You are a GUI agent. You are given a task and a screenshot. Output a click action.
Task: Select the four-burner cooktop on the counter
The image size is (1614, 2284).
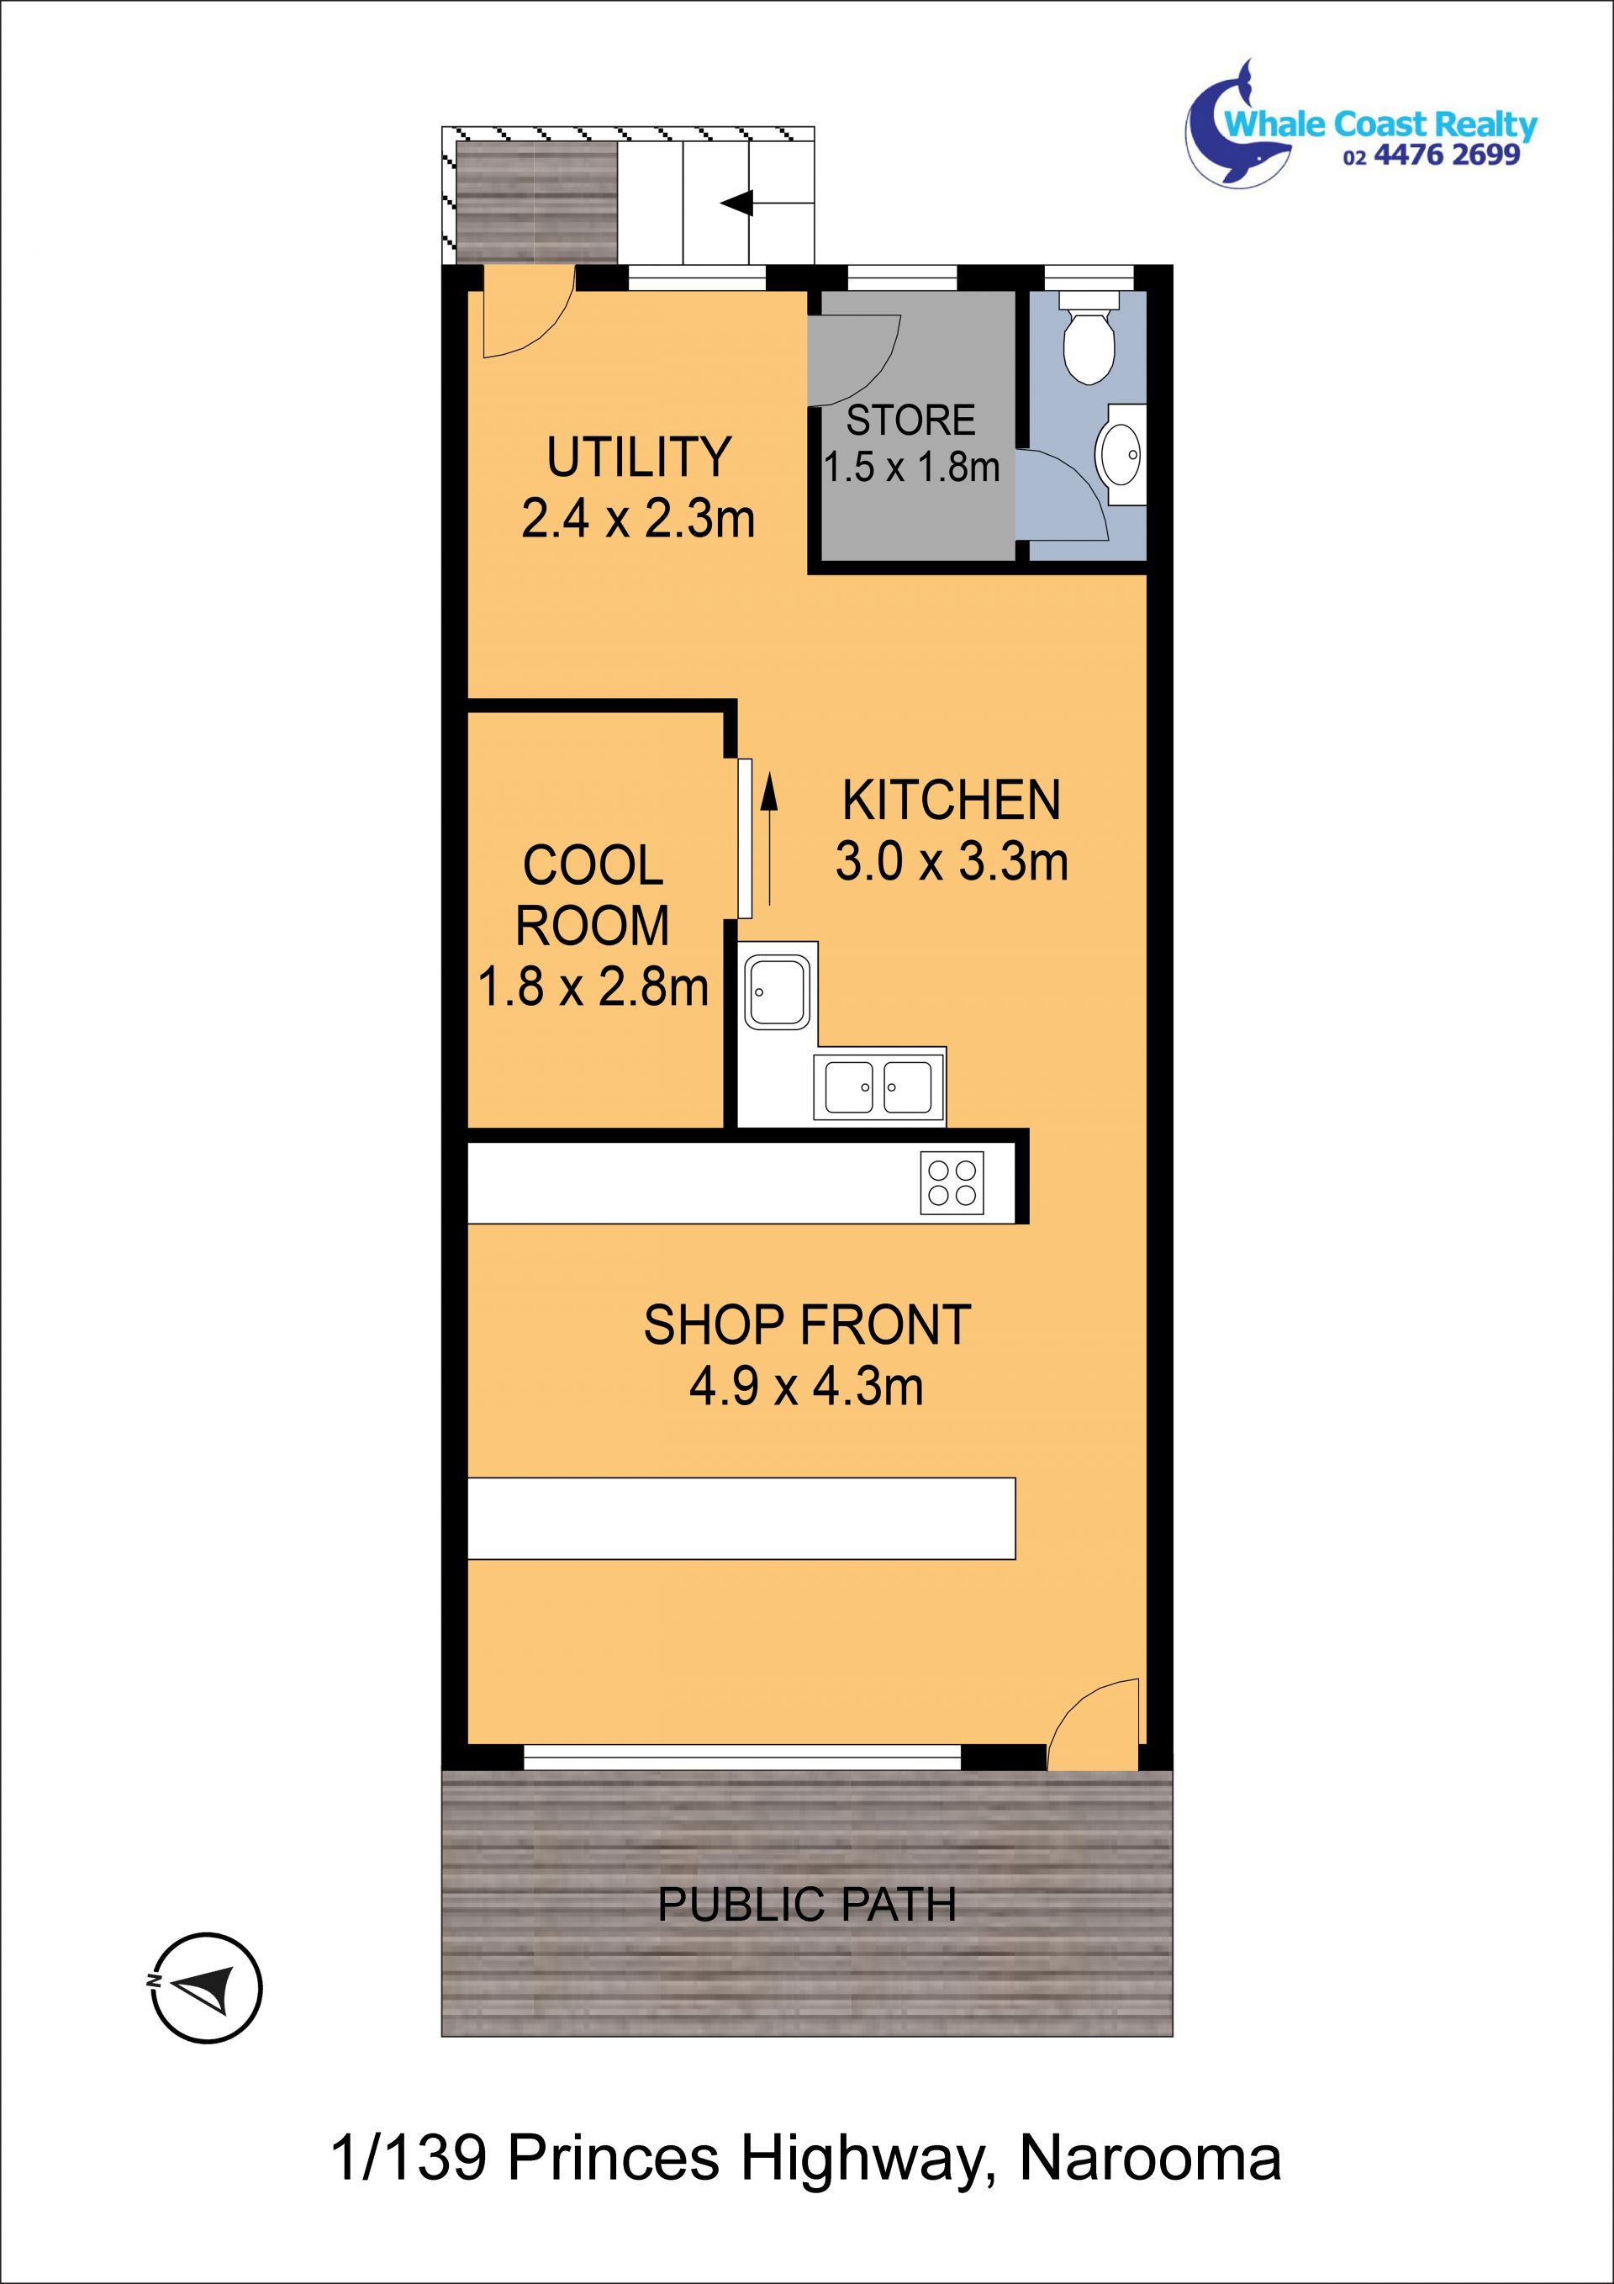coord(952,1182)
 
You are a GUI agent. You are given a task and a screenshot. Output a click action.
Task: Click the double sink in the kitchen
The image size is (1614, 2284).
coord(879,1086)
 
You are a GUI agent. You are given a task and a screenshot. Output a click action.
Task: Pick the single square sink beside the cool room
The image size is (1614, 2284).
coord(777,991)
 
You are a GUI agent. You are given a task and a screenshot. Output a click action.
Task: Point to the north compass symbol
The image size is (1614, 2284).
coord(207,1989)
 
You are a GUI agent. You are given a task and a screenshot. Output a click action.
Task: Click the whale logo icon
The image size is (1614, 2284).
coord(1237,125)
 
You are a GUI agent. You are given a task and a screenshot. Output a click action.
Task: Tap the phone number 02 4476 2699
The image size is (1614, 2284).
coord(1431,156)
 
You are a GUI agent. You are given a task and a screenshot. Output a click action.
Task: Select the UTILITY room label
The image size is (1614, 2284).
coord(638,457)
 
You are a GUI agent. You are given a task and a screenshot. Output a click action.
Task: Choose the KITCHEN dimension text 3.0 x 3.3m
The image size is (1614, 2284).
coord(952,861)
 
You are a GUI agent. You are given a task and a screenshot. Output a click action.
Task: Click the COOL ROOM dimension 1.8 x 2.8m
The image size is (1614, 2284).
coord(593,986)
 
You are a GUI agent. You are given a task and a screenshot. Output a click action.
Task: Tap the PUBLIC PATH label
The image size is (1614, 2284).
coord(806,1904)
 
